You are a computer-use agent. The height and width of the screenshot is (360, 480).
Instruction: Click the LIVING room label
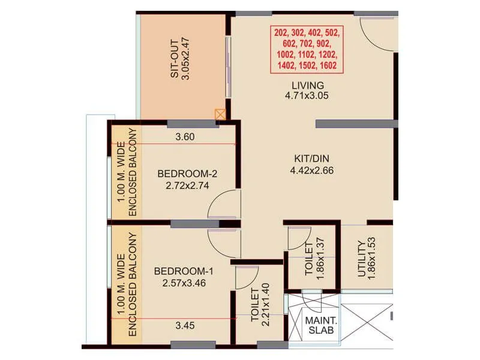point(308,85)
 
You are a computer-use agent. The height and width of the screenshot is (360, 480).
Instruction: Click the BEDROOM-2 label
point(187,174)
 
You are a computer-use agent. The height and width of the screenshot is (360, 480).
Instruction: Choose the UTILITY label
point(361,259)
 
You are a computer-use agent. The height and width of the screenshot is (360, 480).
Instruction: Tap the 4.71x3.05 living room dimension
point(308,95)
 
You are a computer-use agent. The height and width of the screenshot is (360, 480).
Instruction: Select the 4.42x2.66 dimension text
point(311,170)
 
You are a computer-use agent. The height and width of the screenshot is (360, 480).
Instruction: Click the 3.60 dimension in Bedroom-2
point(185,137)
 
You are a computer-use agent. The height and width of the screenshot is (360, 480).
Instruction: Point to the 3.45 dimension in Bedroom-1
point(185,326)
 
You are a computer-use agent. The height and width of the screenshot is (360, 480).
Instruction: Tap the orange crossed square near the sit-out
point(221,114)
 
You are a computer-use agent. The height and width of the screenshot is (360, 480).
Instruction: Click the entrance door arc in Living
point(375,33)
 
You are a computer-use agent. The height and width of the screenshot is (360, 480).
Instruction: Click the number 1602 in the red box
point(328,66)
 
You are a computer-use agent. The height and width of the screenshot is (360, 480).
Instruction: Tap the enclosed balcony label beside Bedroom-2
point(126,172)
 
